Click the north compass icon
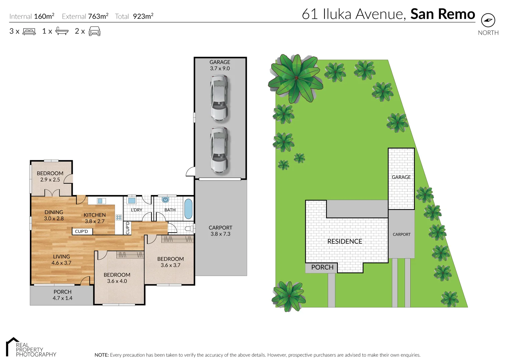coord(488,20)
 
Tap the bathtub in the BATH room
coord(188,209)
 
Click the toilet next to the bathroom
coord(189,228)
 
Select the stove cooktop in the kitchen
coord(119,217)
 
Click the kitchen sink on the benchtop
coord(100,201)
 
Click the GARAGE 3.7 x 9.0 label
coord(220,65)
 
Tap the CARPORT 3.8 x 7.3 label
coord(220,231)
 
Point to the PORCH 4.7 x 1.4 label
coord(62,295)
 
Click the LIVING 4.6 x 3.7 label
coord(61,260)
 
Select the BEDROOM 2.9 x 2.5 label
coord(50,176)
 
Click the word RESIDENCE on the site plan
coord(345,241)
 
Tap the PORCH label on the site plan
coord(322,267)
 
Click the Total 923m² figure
coord(134,16)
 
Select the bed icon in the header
coord(29,32)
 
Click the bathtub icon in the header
coord(62,31)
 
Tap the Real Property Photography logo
coord(31,347)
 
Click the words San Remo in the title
coord(442,14)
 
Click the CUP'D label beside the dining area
coord(81,231)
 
